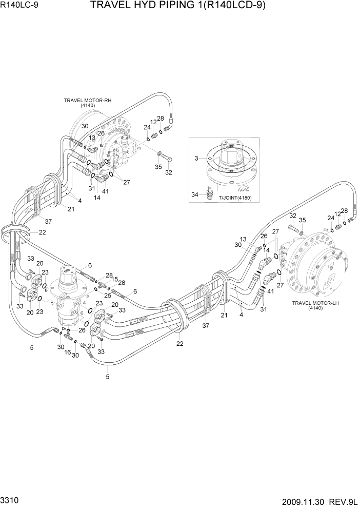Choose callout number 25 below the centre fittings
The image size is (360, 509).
108,296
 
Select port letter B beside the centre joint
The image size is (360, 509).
46,290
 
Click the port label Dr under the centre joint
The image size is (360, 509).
64,328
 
